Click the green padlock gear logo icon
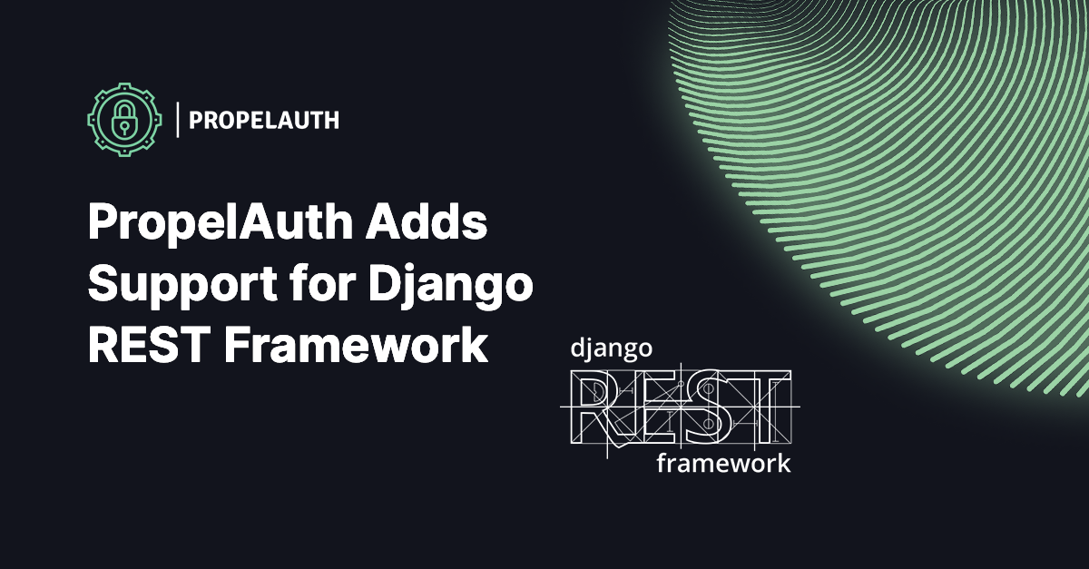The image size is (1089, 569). (123, 118)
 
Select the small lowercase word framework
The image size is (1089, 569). (722, 464)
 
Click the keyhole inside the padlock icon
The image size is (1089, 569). (123, 124)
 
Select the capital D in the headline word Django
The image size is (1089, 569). (386, 286)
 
